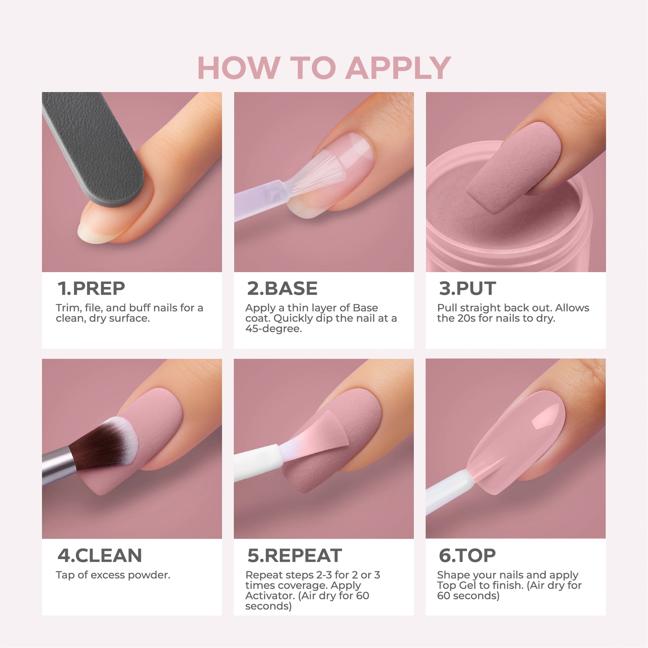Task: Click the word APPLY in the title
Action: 398,68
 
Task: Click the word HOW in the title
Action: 239,68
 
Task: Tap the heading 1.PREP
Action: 91,289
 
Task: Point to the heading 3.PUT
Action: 467,289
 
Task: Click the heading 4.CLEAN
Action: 100,555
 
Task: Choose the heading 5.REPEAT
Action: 295,555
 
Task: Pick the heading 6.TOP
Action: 467,555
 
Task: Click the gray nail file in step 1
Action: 94,147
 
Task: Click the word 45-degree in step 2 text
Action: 273,329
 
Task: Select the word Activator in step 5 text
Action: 270,596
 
